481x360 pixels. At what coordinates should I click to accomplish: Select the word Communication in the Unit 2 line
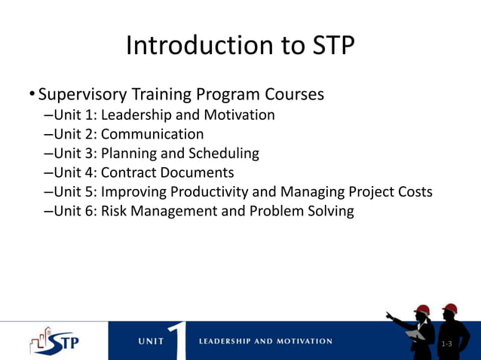coord(152,134)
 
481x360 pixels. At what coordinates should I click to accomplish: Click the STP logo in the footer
coord(54,341)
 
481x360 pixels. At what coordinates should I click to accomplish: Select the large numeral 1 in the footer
coord(178,340)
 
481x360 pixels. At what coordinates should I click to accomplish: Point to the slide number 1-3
coord(446,344)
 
